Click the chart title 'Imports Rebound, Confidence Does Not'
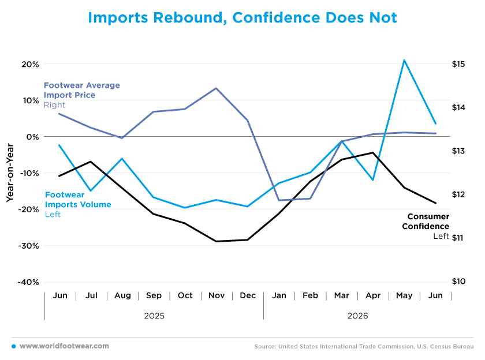[x=242, y=18]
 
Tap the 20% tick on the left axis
[x=30, y=64]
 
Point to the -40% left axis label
[x=28, y=282]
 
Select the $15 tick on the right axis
[x=458, y=64]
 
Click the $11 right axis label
[x=458, y=238]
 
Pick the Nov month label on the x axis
[x=217, y=295]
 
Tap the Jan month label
[x=279, y=295]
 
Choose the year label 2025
[x=154, y=316]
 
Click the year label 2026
[x=357, y=316]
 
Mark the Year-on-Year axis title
[x=10, y=172]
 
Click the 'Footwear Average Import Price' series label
[x=81, y=90]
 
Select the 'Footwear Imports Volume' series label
[x=78, y=200]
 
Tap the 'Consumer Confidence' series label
[x=426, y=222]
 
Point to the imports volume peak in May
[x=404, y=60]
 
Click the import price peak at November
[x=216, y=88]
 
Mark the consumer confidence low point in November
[x=216, y=241]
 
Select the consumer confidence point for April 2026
[x=373, y=153]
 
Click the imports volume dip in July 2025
[x=91, y=190]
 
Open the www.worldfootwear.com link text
[x=64, y=346]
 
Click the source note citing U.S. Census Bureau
[x=364, y=346]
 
